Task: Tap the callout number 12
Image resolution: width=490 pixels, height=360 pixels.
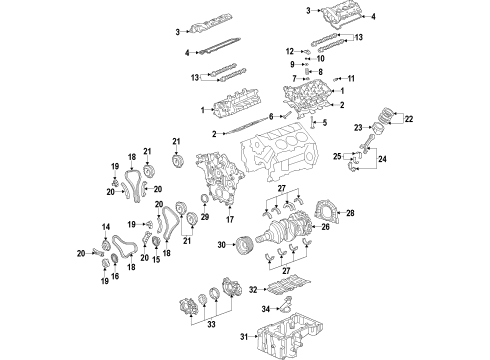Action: point(290,50)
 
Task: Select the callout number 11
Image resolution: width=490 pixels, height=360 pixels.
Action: point(351,78)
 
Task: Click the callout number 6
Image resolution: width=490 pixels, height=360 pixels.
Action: point(270,116)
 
